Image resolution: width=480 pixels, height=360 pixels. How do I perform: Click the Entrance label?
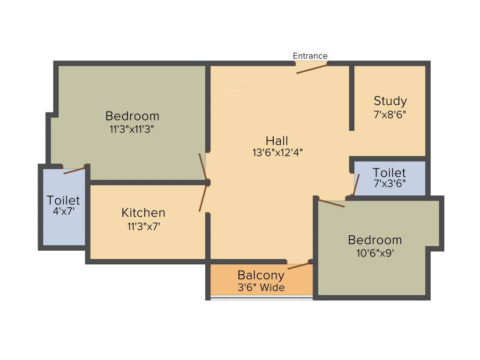coord(310,56)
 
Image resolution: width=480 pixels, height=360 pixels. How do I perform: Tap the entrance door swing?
coord(311,69)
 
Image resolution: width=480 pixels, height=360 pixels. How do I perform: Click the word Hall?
coord(277,140)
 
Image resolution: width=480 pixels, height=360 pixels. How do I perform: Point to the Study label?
coord(390,101)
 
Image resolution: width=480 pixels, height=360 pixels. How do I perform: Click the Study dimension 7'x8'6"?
coord(390,114)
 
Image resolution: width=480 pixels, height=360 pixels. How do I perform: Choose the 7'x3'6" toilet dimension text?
coord(390,183)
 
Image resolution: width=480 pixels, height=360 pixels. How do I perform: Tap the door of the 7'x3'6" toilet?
coord(356,184)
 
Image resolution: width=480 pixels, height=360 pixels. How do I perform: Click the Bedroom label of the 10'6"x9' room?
coord(375,240)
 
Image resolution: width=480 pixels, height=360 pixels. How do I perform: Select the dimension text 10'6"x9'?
coord(375,253)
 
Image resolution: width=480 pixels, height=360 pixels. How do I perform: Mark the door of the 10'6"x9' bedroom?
coord(331,203)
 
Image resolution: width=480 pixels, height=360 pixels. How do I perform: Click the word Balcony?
coord(261,275)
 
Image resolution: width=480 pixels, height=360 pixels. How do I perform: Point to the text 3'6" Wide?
coord(261,287)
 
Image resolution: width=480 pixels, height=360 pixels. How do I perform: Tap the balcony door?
coord(299,266)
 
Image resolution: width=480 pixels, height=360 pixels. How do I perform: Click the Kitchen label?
coord(143,213)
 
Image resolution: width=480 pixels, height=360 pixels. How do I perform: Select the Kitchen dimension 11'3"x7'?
coord(143,226)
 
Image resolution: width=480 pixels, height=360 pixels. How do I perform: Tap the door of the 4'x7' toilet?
coord(74,170)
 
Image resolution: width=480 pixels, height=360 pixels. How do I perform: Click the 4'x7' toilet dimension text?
coord(63,211)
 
